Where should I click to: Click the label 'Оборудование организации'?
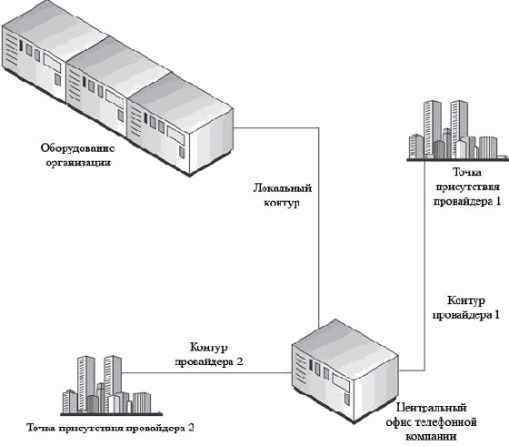pyautogui.click(x=78, y=155)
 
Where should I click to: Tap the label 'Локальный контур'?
pyautogui.click(x=282, y=195)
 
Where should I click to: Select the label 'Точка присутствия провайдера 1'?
pyautogui.click(x=467, y=187)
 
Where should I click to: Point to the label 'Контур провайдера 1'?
pyautogui.click(x=465, y=308)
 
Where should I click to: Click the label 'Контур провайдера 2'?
pyautogui.click(x=209, y=354)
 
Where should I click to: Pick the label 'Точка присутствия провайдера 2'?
pyautogui.click(x=110, y=427)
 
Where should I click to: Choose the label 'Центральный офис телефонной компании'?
pyautogui.click(x=431, y=422)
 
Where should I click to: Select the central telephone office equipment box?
pyautogui.click(x=345, y=371)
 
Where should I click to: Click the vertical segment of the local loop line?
pyautogui.click(x=318, y=228)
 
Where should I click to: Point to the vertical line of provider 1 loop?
pyautogui.click(x=425, y=265)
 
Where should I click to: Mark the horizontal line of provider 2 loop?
pyautogui.click(x=206, y=373)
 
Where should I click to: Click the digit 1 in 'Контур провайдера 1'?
pyautogui.click(x=496, y=315)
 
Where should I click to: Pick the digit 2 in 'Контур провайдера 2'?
pyautogui.click(x=239, y=361)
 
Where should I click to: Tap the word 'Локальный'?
pyautogui.click(x=283, y=188)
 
